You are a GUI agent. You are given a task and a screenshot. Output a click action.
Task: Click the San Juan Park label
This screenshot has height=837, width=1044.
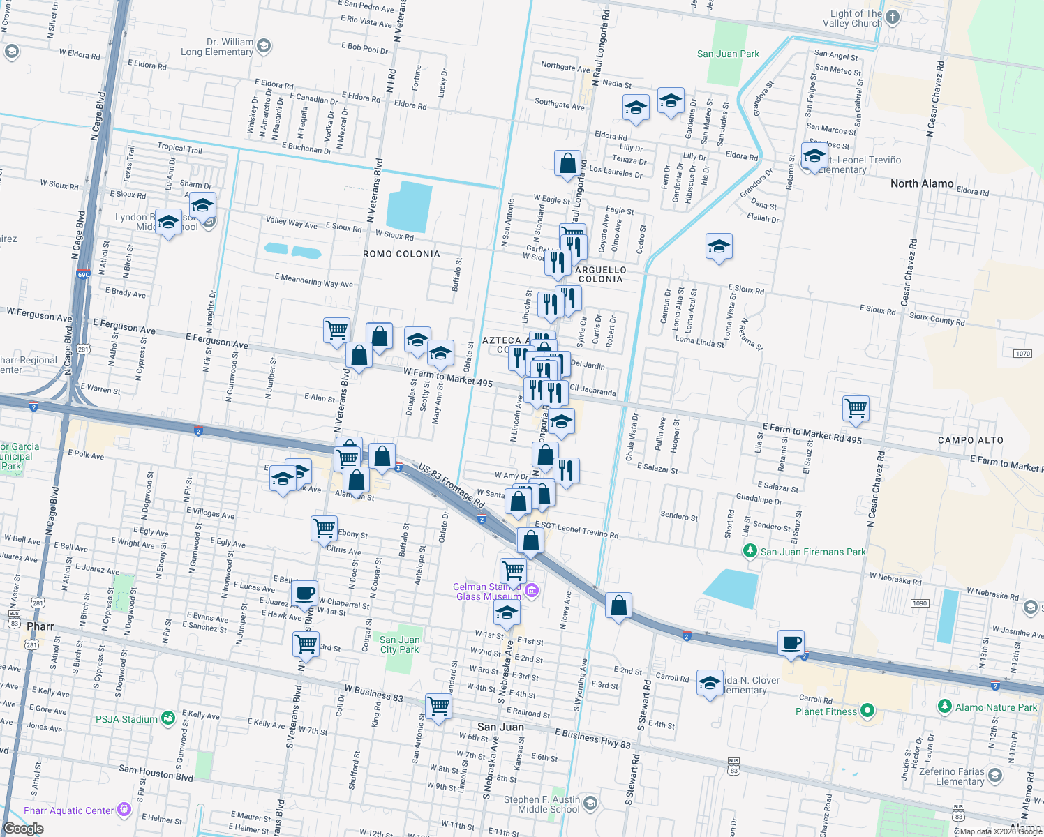[x=728, y=54]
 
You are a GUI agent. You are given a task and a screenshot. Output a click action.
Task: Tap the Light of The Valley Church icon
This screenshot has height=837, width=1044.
[x=893, y=17]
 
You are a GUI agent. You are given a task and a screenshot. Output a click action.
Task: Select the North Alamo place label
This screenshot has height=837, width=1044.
[x=922, y=183]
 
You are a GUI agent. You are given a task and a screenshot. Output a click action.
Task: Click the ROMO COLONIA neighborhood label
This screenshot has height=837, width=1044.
[x=401, y=254]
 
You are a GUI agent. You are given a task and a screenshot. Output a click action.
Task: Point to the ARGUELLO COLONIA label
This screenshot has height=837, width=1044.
[x=601, y=274]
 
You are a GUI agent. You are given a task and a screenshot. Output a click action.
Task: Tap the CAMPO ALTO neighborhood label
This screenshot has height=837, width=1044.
[x=970, y=440]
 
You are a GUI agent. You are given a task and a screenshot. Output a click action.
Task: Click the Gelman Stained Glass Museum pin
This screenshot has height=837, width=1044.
[x=532, y=591]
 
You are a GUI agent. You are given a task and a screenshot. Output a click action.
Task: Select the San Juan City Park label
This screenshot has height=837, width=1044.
[x=400, y=644]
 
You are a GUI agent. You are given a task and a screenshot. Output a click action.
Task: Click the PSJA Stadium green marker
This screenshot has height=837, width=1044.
[x=167, y=718]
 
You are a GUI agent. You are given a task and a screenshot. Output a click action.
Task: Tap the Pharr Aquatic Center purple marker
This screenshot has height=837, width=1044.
[x=124, y=810]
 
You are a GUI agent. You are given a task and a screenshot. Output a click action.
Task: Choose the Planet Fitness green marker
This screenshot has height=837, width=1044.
[x=867, y=711]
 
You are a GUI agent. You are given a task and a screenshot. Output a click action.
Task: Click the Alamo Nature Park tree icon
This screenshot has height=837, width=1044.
[x=944, y=707]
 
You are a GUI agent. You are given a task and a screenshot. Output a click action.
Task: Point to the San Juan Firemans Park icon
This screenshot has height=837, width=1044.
[x=750, y=551]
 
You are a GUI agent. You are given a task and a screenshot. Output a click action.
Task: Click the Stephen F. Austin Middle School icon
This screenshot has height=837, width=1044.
[x=590, y=804]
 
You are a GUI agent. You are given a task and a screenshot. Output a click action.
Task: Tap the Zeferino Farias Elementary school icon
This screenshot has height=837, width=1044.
[x=994, y=775]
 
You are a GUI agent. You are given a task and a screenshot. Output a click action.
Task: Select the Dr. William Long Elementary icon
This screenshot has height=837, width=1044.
[x=263, y=47]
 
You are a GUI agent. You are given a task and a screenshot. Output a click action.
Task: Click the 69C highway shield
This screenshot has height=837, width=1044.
[x=84, y=275]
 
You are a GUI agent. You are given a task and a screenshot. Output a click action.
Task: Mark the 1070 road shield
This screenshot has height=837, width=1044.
[x=1022, y=354]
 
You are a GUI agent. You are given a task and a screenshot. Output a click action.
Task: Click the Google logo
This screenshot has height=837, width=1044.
[x=24, y=829]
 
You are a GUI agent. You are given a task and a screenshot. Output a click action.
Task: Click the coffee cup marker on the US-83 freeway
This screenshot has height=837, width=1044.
[x=791, y=642]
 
